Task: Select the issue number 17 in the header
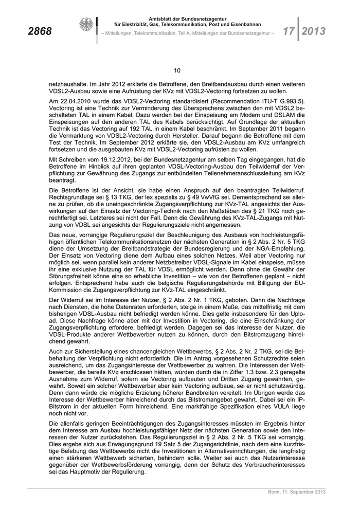[285, 31]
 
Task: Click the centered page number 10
[177, 70]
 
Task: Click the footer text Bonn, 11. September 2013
[297, 492]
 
